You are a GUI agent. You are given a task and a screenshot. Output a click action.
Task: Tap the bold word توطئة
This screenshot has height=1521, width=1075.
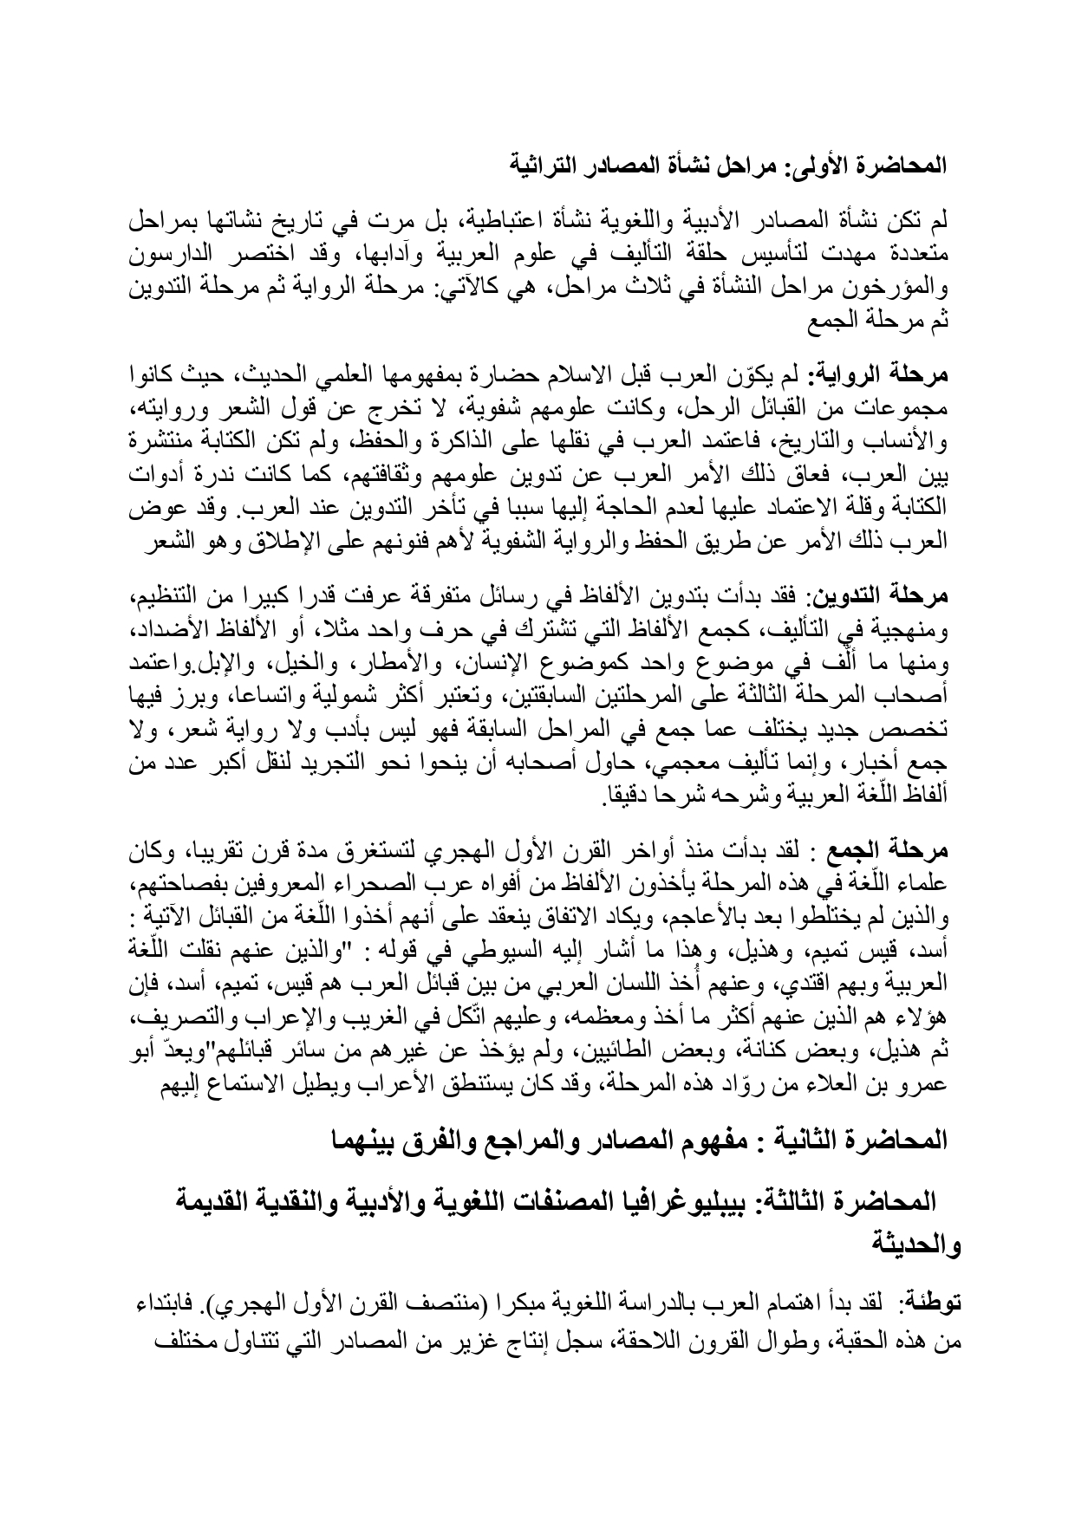click(x=928, y=1303)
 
